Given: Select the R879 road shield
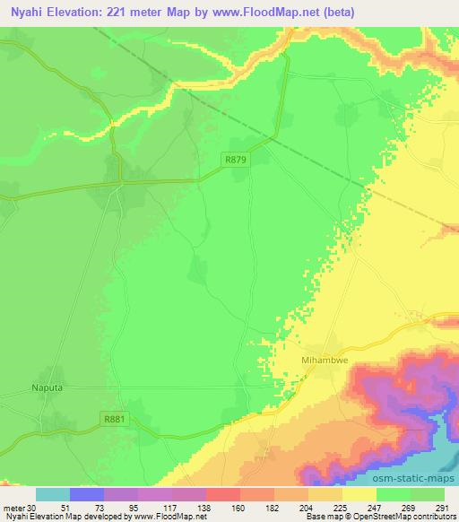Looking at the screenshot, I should pos(236,159).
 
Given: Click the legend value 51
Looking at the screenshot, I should pos(88,507).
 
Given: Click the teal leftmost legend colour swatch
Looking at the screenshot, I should pos(52,494).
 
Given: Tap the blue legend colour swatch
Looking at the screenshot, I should pos(86,494).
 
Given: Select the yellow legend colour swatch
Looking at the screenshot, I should pos(359,494).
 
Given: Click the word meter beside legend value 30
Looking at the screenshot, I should pos(15,507).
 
